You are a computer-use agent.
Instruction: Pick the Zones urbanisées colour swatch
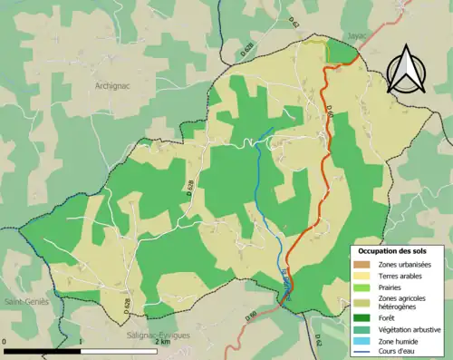tap(364, 264)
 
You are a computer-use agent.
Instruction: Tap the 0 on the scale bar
tap(5, 342)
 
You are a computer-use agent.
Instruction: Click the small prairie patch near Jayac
tap(315, 43)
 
